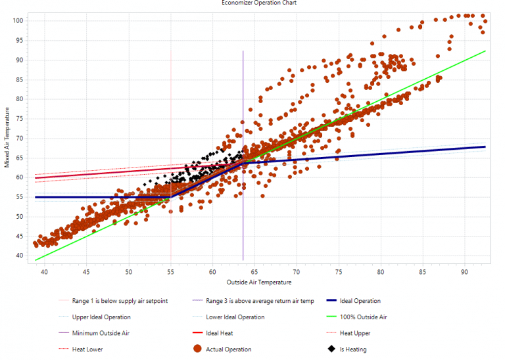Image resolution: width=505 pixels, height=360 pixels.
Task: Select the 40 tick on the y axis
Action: tap(20, 256)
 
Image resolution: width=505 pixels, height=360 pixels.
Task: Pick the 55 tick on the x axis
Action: tap(170, 271)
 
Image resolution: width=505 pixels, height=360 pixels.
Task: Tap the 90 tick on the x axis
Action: tap(464, 271)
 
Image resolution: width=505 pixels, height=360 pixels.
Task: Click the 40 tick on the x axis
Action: tap(45, 271)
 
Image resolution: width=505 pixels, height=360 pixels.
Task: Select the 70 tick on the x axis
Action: tap(297, 271)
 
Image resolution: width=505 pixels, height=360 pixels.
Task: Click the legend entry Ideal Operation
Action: tap(360, 301)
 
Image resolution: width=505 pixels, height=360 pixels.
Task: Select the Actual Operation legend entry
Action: tap(229, 349)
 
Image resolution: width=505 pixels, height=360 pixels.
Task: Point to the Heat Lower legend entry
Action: tap(87, 349)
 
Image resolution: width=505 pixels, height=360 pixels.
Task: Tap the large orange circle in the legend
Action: tap(197, 349)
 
